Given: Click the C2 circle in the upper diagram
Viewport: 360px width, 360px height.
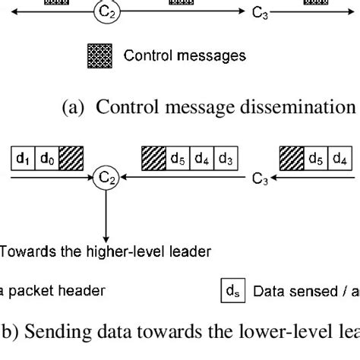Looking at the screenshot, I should tap(103, 12).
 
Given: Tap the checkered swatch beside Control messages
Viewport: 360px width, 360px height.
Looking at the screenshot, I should tap(100, 55).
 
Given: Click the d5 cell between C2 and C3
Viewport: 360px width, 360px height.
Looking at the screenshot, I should tap(179, 159).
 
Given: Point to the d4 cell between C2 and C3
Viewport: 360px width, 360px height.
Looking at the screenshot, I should tap(201, 159).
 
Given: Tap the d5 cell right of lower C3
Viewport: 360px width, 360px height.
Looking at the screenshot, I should tap(317, 159).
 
